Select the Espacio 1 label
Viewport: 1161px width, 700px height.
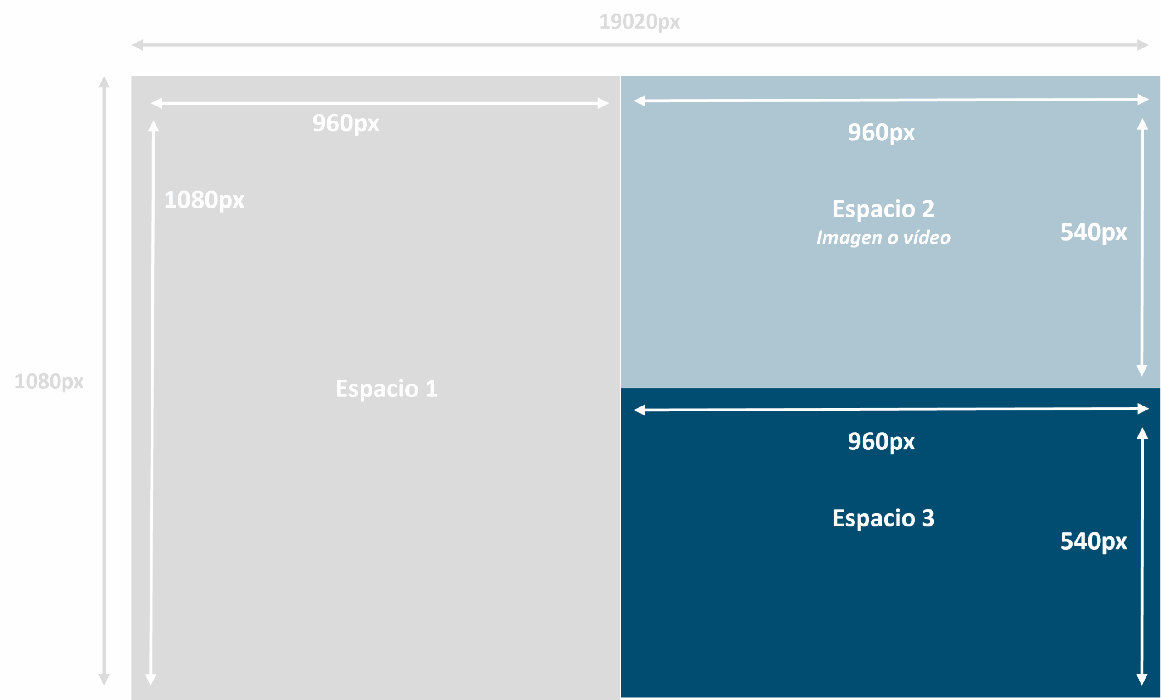tap(386, 389)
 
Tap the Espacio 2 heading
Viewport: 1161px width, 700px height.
tap(883, 209)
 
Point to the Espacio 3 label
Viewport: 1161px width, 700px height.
tap(883, 518)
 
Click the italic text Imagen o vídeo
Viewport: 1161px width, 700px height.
tap(883, 238)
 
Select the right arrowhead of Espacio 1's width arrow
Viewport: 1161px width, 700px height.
tap(603, 103)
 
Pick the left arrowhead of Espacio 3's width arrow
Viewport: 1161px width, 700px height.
tap(639, 410)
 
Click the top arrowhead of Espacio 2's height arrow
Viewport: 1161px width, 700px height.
tap(1142, 124)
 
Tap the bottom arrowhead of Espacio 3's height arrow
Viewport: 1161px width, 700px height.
tap(1141, 679)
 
